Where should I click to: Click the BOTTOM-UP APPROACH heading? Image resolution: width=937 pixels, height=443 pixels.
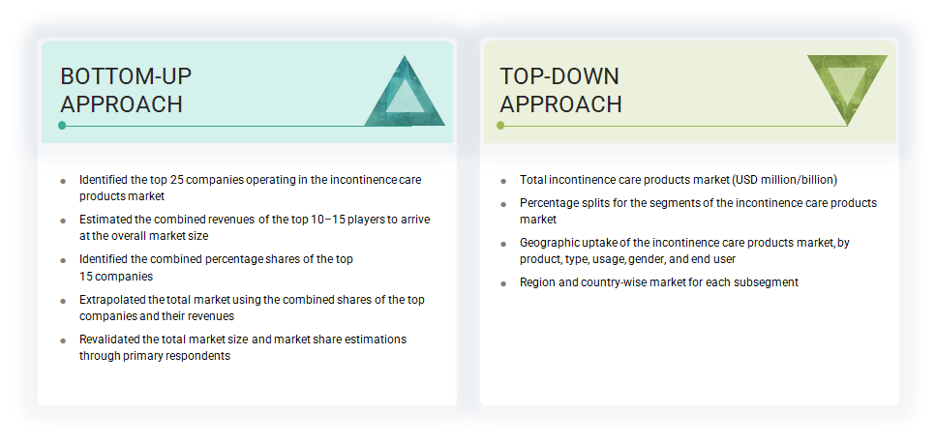click(x=121, y=90)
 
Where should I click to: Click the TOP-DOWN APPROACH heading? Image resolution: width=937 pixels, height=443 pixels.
click(x=559, y=90)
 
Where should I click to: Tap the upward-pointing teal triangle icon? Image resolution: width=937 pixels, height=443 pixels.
click(x=405, y=94)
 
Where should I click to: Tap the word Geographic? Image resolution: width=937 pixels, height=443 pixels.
click(x=550, y=243)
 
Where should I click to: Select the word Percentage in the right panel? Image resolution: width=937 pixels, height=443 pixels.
click(x=550, y=203)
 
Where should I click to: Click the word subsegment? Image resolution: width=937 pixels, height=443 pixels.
click(x=766, y=282)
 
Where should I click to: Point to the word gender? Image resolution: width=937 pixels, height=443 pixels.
click(x=647, y=258)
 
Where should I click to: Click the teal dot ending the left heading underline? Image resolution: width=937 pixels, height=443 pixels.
click(x=62, y=126)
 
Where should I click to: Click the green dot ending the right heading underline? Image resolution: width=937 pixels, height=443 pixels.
click(x=500, y=126)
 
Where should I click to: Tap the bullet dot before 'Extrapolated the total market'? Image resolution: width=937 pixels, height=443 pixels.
click(x=63, y=301)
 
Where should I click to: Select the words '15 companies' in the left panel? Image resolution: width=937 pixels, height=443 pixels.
click(x=114, y=276)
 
